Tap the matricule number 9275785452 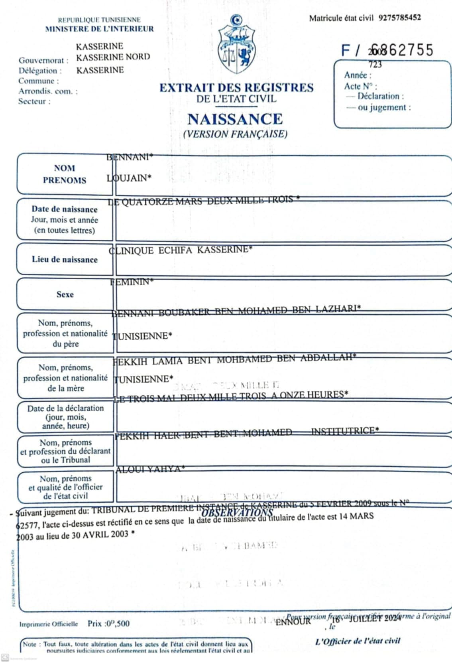(399, 18)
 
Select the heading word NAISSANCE (235, 119)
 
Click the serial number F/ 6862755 (387, 50)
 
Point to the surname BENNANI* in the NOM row (130, 157)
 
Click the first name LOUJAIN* (129, 178)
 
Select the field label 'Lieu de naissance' (65, 259)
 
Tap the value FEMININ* (132, 282)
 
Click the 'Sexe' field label (65, 294)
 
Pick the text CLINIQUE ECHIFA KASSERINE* (181, 250)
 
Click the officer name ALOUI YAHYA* (150, 470)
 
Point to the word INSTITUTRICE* (345, 431)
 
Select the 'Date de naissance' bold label (65, 209)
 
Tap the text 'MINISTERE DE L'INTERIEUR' (99, 29)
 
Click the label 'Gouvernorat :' (43, 61)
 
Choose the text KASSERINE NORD (113, 57)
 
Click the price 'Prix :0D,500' (108, 624)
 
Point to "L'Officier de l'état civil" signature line (357, 641)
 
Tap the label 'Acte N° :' (360, 86)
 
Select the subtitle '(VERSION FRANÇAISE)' (235, 134)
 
